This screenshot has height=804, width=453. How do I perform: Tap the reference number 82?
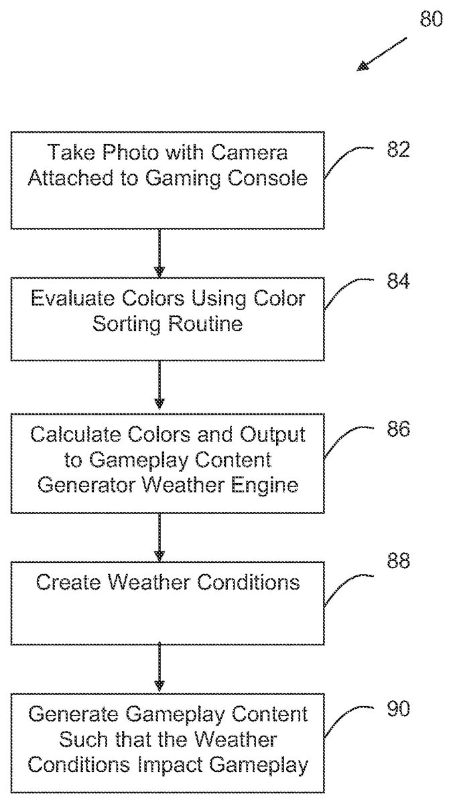[x=397, y=149]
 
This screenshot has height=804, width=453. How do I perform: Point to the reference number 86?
[x=398, y=429]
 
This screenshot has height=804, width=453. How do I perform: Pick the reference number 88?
[x=397, y=560]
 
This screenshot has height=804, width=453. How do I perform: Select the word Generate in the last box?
[x=72, y=714]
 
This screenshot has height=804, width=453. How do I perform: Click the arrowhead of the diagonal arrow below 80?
[x=363, y=66]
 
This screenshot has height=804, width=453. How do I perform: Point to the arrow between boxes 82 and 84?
[x=159, y=253]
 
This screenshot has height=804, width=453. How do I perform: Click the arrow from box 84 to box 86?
[x=159, y=385]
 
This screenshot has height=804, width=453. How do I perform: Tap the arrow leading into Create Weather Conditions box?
[x=159, y=537]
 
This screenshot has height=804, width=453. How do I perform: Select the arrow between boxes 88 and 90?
[x=159, y=667]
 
